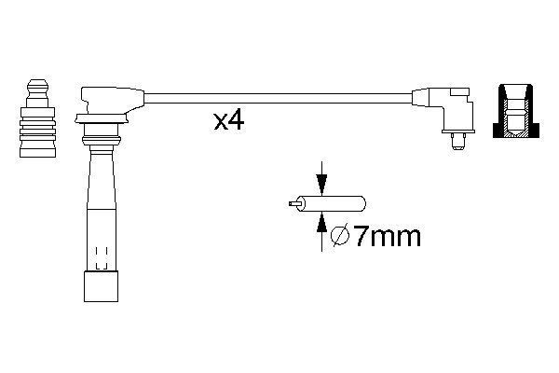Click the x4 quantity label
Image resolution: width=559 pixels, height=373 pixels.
click(x=228, y=121)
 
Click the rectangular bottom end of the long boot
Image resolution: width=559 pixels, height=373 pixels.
click(x=99, y=285)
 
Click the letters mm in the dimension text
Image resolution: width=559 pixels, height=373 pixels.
click(x=396, y=237)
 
